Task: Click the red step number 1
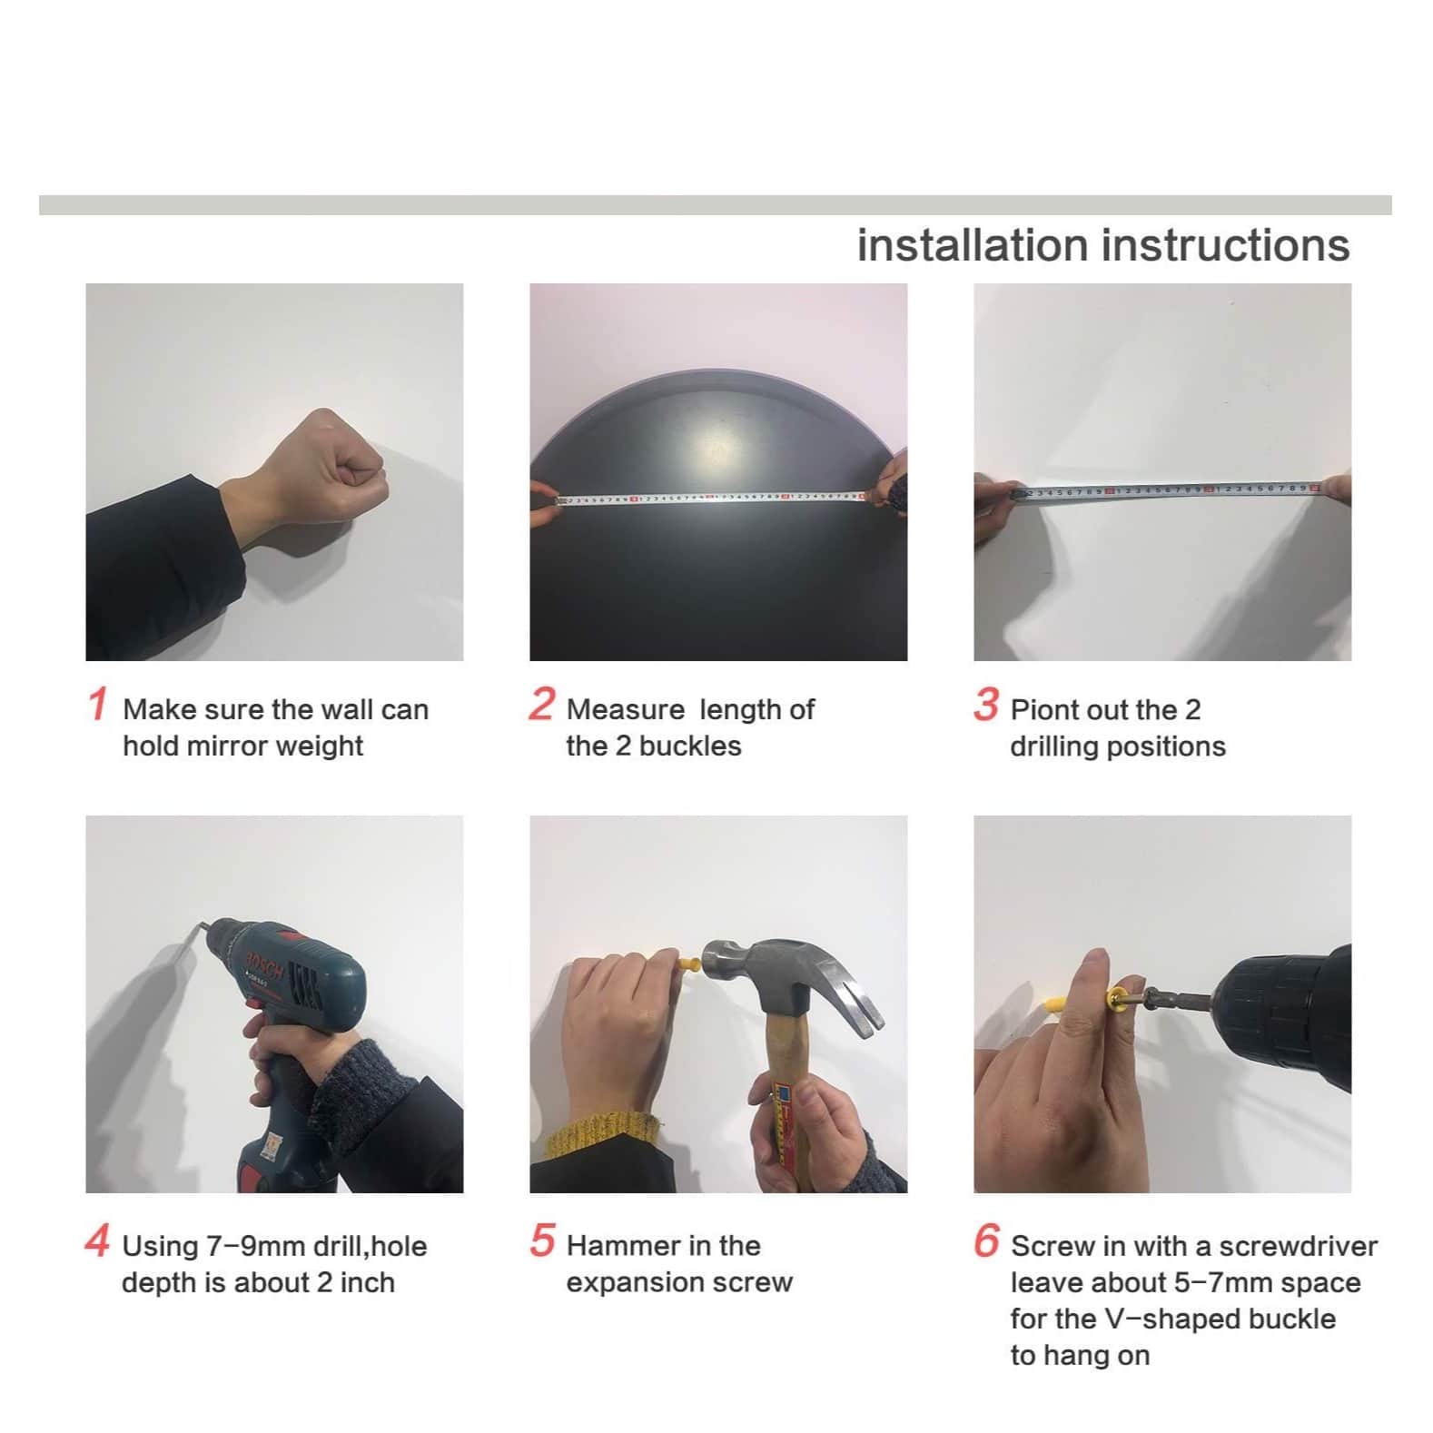click(x=98, y=704)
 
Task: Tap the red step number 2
click(x=541, y=704)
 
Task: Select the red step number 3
click(x=986, y=704)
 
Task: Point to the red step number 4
click(x=97, y=1240)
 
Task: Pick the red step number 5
click(x=542, y=1240)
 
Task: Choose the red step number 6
click(x=986, y=1240)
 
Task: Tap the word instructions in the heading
click(x=1226, y=245)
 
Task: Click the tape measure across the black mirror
click(x=708, y=498)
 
